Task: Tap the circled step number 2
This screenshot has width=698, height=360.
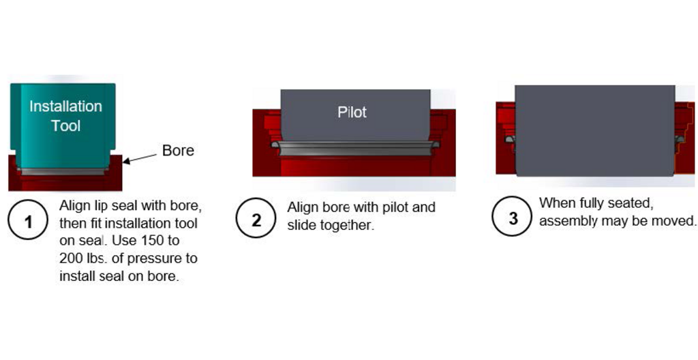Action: click(256, 220)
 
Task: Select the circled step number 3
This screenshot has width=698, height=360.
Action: click(513, 218)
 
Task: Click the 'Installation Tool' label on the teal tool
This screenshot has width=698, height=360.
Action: click(65, 116)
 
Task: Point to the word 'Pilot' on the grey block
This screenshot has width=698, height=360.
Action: click(352, 112)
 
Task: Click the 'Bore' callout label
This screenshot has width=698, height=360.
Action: click(178, 151)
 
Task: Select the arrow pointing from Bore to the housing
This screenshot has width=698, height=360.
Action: click(141, 157)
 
